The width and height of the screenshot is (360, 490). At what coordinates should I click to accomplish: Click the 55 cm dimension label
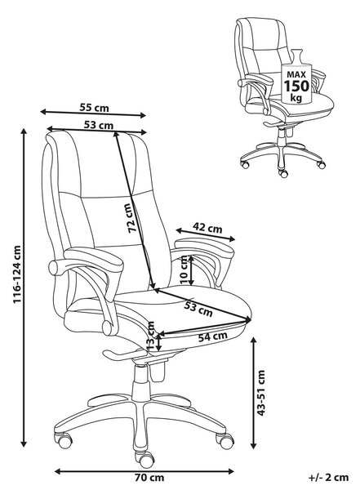point(94,108)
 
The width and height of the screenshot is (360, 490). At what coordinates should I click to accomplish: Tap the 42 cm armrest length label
point(207,228)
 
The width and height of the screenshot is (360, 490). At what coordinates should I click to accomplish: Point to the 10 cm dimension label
point(184,270)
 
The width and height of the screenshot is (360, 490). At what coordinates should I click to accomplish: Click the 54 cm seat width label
point(212,336)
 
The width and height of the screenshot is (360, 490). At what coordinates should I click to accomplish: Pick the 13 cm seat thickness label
point(151,336)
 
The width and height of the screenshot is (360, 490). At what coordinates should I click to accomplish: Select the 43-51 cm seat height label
point(260,393)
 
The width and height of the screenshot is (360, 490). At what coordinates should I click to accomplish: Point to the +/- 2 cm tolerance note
point(328,478)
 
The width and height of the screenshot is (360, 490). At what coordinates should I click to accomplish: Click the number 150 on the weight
point(296,86)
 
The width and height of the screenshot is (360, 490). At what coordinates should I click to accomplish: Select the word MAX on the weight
point(296,74)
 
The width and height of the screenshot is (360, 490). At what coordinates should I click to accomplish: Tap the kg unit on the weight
point(296,98)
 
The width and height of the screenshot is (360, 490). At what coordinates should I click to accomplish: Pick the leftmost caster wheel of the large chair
point(64,440)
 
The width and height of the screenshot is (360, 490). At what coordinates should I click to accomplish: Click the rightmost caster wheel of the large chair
point(225,441)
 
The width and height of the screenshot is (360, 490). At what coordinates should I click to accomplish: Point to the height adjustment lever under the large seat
point(125,354)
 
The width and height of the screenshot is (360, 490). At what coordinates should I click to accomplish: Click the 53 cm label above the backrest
point(99,125)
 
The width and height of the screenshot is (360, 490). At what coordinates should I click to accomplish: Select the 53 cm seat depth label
point(198,309)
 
